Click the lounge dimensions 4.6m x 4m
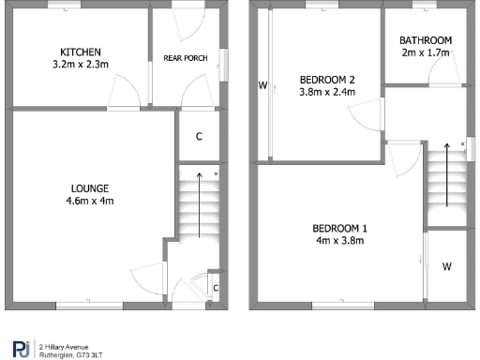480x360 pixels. coord(91,200)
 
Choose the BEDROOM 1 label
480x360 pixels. coord(339,229)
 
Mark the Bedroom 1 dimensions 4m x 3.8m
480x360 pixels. coord(339,242)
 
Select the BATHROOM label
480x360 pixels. coord(426,40)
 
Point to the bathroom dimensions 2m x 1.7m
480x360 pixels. coord(426,53)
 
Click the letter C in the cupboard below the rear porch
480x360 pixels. coord(199,136)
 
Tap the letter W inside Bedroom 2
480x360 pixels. coord(263,85)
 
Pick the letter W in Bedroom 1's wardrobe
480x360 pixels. coord(447,266)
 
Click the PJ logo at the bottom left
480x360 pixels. coord(20,347)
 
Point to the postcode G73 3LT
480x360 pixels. coord(90,353)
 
